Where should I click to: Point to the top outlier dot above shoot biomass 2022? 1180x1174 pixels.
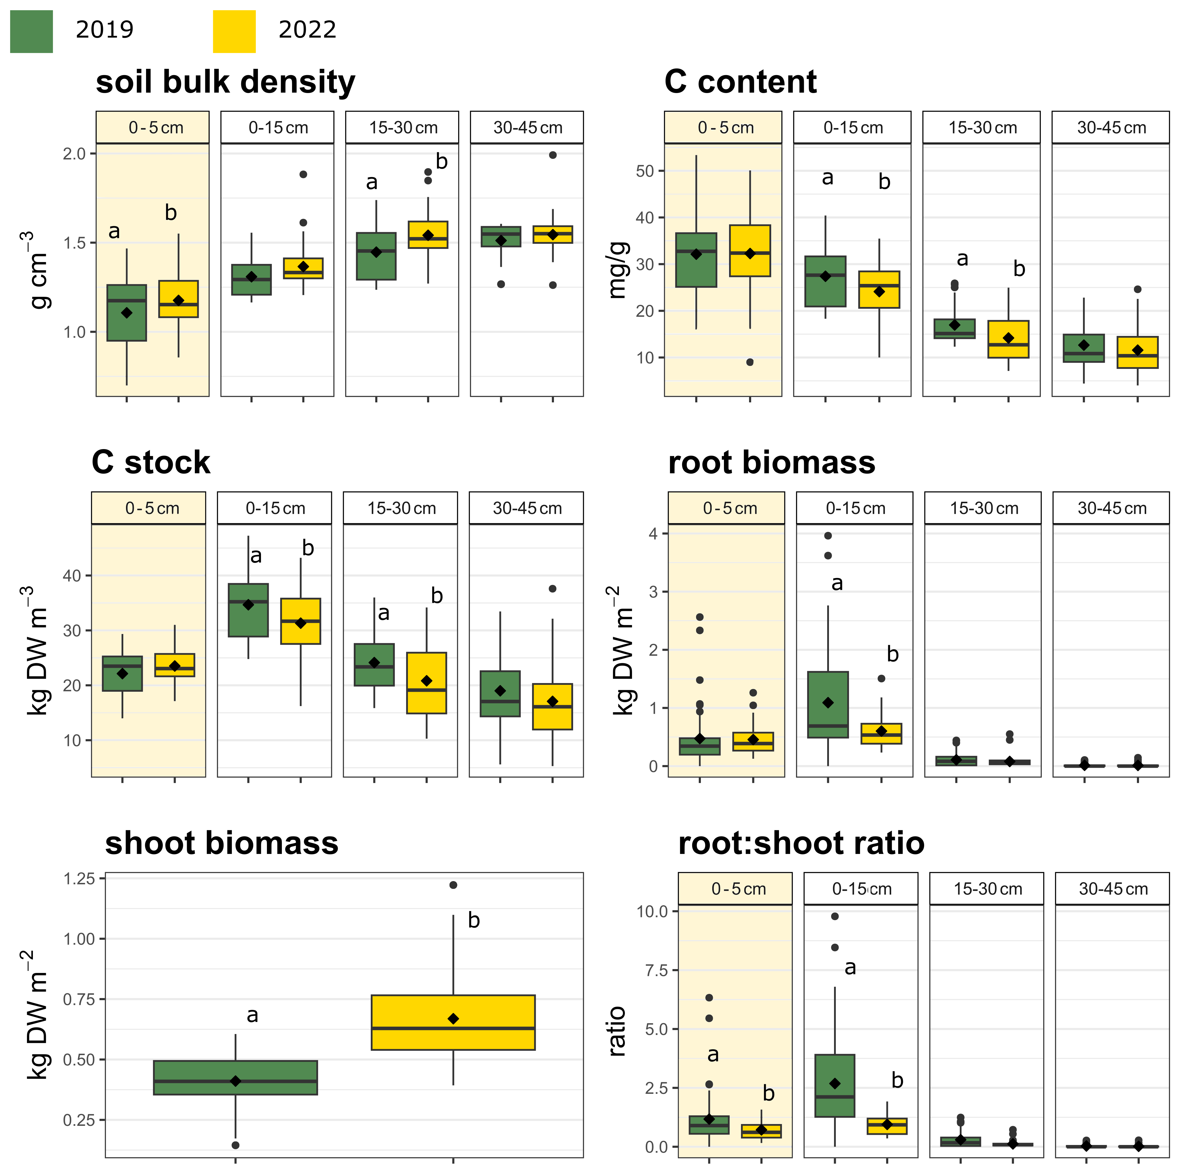click(x=453, y=885)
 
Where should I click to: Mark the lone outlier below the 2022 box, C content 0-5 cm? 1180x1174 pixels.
click(x=750, y=362)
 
